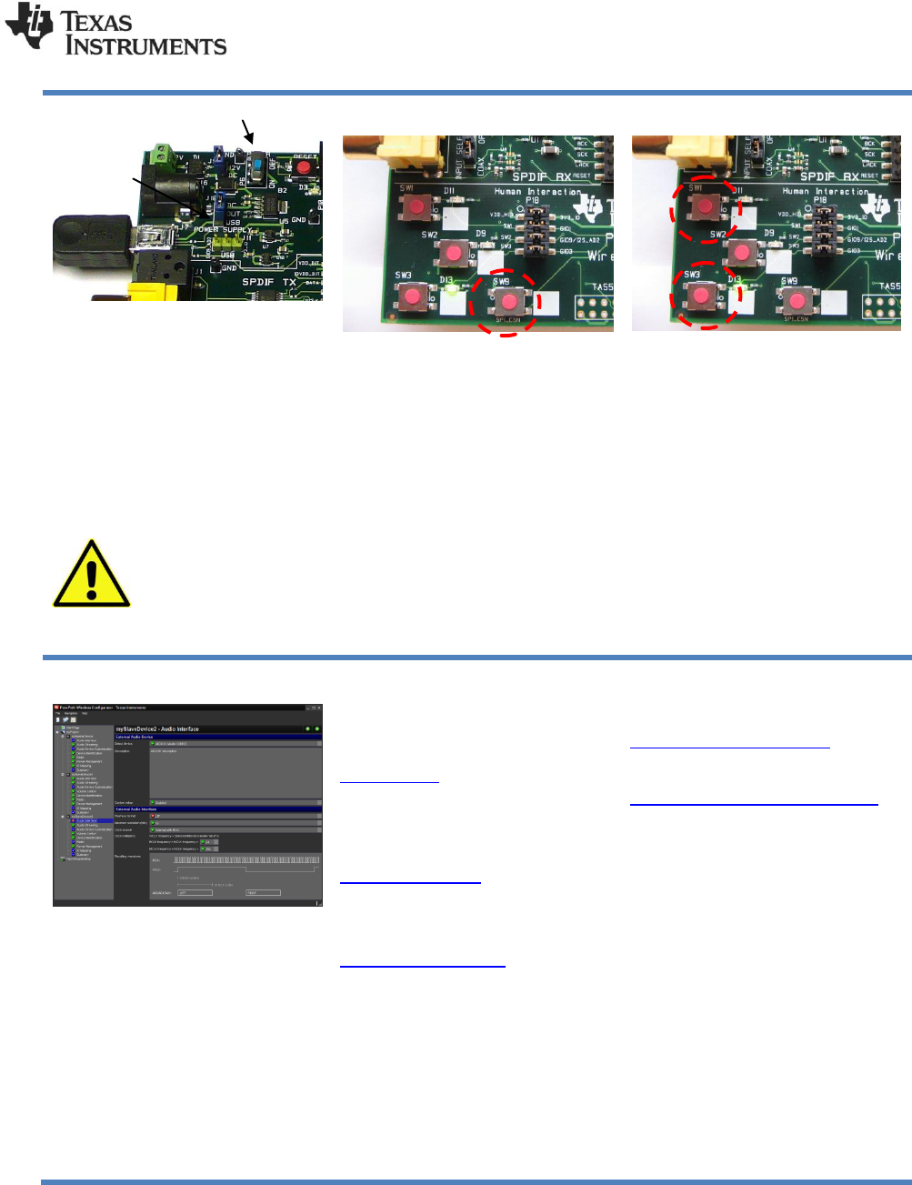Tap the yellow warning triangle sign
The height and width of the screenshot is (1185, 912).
(x=91, y=575)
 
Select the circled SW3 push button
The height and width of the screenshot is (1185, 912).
(x=698, y=296)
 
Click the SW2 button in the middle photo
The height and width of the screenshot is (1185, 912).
(x=453, y=252)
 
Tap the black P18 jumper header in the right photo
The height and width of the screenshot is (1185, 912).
(x=824, y=231)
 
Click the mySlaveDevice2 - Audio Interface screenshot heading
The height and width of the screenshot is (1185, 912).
(x=157, y=728)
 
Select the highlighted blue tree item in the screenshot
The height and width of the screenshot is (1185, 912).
(x=93, y=820)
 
